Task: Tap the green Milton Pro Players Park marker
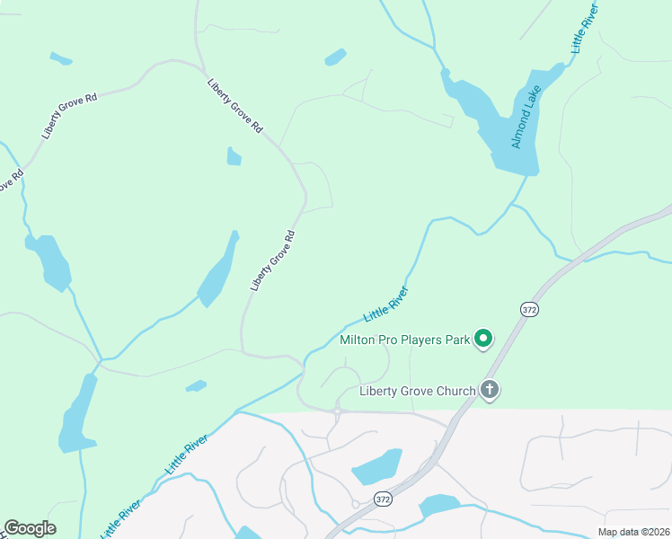pos(483,339)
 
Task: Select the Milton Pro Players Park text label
pos(405,340)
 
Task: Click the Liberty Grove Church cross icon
pos(489,390)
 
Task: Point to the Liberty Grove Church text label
pos(416,391)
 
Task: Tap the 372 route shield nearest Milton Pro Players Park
pos(529,309)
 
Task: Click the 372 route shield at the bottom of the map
pos(384,499)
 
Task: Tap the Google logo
pos(30,528)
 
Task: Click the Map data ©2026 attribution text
pos(633,532)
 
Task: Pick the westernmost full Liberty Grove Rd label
pos(68,115)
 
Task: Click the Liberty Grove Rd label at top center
pos(234,106)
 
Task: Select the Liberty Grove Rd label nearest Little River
pos(272,261)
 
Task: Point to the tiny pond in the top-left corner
pos(60,59)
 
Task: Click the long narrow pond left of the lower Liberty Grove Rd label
pos(218,270)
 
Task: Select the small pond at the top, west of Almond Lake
pos(335,57)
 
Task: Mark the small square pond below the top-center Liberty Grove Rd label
pos(234,157)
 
